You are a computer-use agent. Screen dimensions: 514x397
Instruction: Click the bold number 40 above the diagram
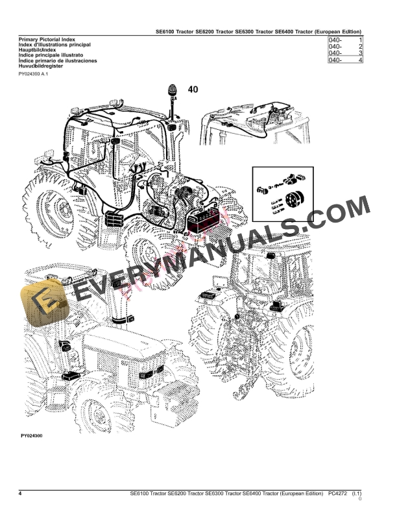pos(193,90)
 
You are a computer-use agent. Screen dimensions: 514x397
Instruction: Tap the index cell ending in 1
pos(345,41)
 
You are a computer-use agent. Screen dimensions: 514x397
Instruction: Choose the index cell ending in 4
pos(345,60)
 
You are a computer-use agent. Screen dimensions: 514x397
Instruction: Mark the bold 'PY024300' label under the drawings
pos(30,435)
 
